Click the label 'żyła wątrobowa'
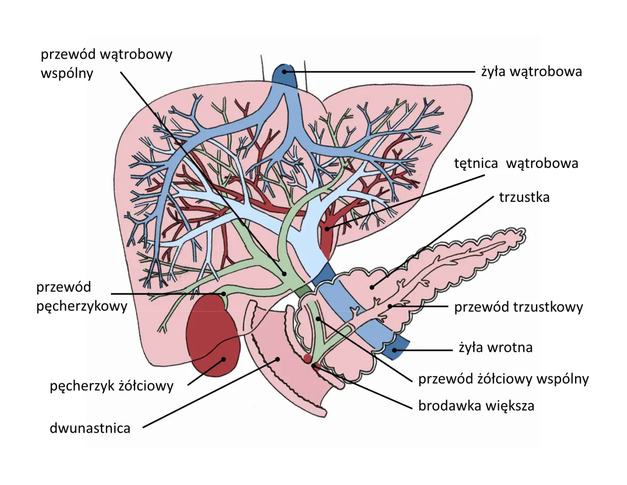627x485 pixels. (x=531, y=71)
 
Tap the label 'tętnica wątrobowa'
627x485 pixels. (x=516, y=163)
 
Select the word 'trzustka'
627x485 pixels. (x=524, y=197)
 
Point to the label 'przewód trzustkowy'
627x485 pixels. (x=518, y=307)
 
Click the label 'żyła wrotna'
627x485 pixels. (x=495, y=347)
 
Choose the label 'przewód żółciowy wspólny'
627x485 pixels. (x=503, y=379)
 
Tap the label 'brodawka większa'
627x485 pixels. (x=476, y=406)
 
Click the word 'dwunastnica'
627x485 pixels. (x=90, y=428)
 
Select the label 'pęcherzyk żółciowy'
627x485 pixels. (x=112, y=386)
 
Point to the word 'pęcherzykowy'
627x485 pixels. (x=82, y=306)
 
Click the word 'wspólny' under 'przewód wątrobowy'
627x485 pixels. (x=67, y=73)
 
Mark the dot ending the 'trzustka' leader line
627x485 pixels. (x=372, y=287)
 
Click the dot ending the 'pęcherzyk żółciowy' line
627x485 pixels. (x=224, y=359)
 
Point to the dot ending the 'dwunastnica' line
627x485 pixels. (x=277, y=359)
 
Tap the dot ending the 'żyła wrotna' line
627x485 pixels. (x=394, y=350)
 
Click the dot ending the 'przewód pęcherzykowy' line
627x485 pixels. (x=223, y=294)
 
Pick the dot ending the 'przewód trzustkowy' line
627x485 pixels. (x=390, y=307)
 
